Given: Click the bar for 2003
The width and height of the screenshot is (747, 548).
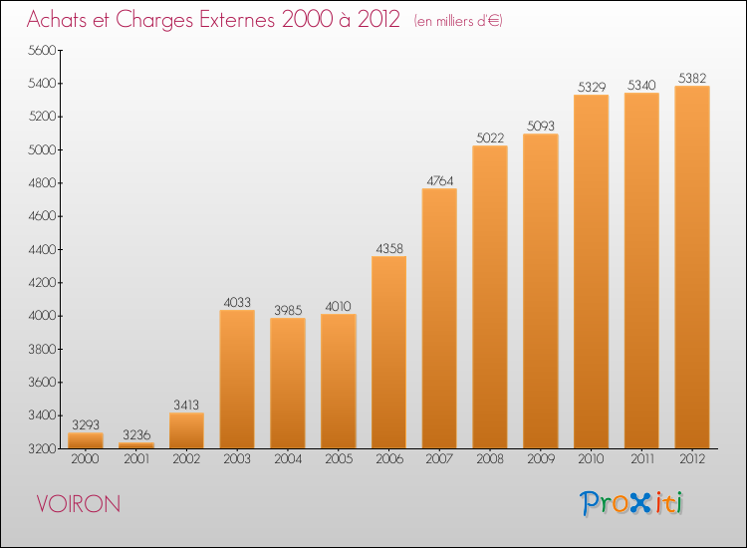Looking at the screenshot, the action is pos(237,380).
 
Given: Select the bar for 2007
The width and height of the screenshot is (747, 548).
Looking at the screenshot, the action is pos(439,318).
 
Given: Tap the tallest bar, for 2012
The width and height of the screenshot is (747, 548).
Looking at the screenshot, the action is pos(692,267).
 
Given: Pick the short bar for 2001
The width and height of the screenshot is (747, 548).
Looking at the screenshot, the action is pos(136,445).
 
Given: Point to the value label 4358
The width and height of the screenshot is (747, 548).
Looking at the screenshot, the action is pos(389,249).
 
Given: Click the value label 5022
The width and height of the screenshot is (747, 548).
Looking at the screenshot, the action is pos(490,138).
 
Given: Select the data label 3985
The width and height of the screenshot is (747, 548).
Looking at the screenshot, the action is pos(288,311).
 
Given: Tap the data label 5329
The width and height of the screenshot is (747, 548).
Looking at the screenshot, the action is pos(592,88).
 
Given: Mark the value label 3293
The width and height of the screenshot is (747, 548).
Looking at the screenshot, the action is pos(86,425).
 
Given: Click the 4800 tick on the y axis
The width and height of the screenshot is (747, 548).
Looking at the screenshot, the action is pos(42,183).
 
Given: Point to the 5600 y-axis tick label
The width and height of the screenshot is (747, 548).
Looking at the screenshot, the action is pos(42,51).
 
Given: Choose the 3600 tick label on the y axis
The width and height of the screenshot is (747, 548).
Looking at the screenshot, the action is pos(42,383).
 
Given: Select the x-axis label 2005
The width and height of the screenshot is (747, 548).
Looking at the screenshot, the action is pos(339,459).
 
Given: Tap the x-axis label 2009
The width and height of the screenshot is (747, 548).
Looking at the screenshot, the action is pos(541,459).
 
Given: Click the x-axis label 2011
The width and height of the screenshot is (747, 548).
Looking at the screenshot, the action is pos(642,459).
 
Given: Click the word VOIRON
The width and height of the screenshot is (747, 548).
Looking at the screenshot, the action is pos(79,504).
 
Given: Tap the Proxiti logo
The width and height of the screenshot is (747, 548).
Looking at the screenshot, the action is pos(631,503).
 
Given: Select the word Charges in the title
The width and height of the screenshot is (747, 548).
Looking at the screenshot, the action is pos(154,21).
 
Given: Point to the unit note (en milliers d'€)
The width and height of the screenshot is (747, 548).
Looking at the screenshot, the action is pos(458,21).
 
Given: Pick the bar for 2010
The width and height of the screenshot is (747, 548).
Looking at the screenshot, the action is pos(592,272).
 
